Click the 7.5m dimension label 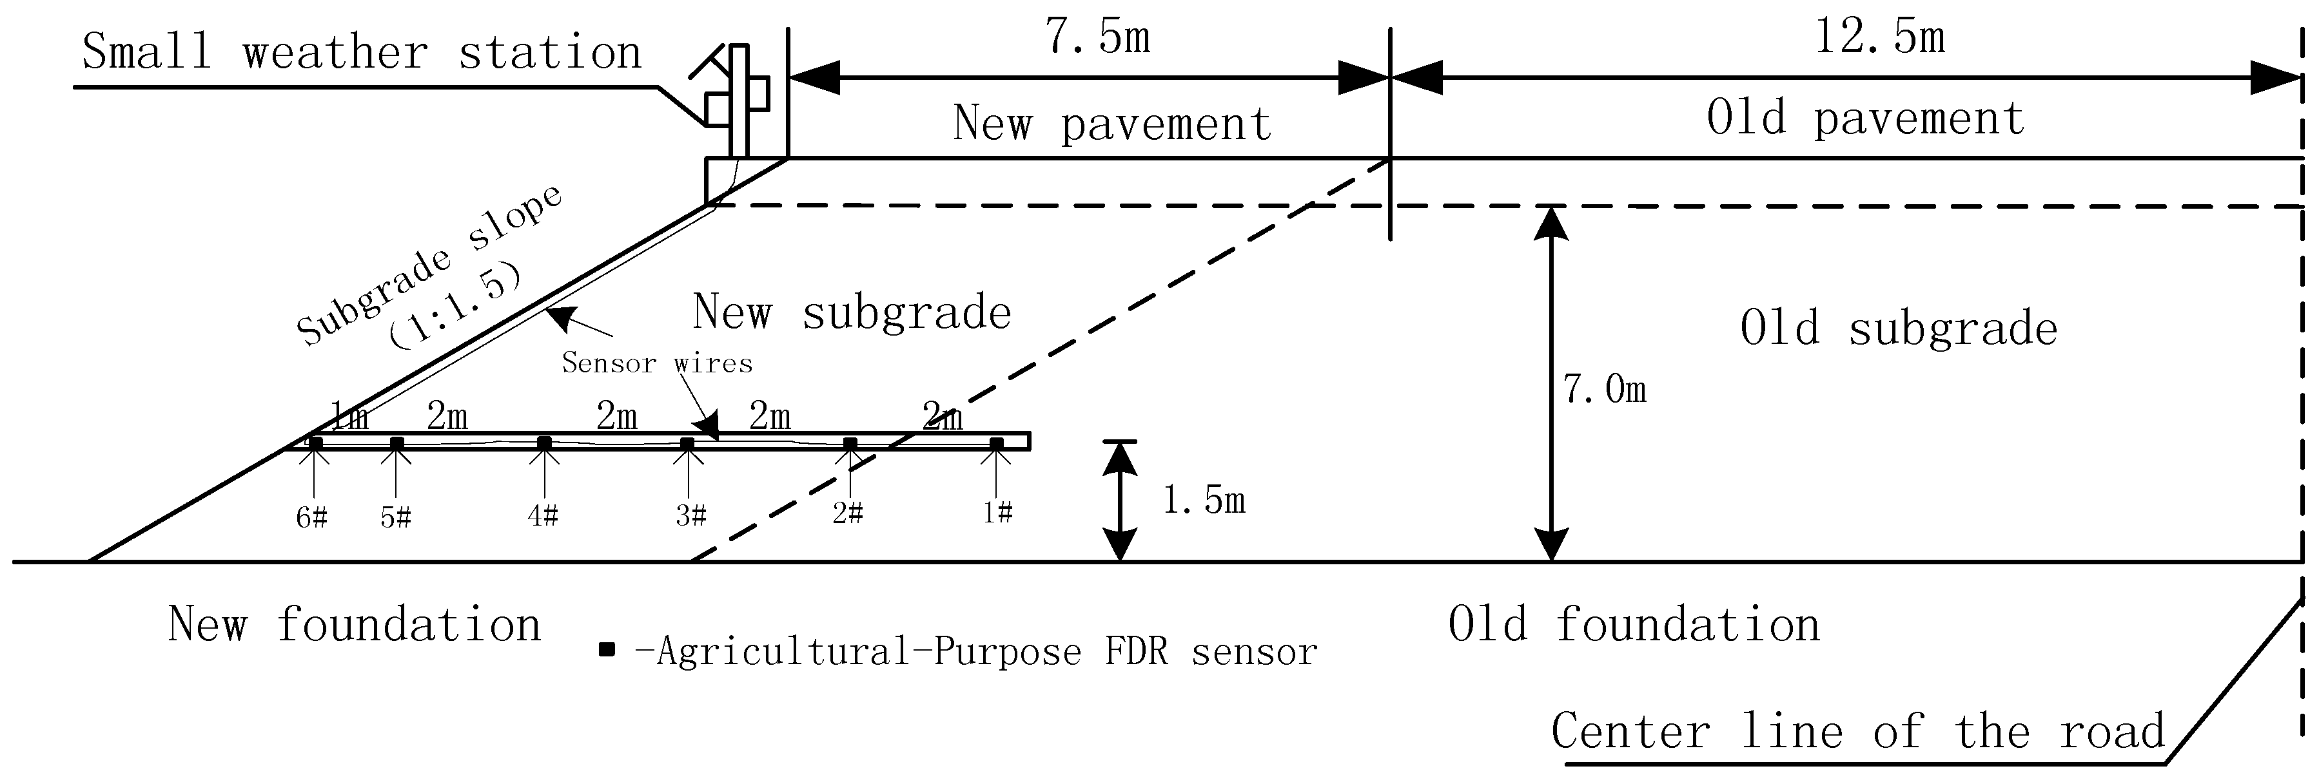pos(1097,39)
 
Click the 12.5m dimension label pos(1879,39)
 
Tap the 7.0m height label pos(1604,390)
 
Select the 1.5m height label pos(1203,501)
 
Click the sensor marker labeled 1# pos(995,444)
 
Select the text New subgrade pos(852,313)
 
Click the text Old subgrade pos(1899,329)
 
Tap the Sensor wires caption pos(656,363)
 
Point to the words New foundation pos(355,625)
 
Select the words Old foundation pos(1634,625)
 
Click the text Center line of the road pos(1857,730)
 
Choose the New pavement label pos(1111,124)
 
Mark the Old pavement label pos(1865,119)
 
